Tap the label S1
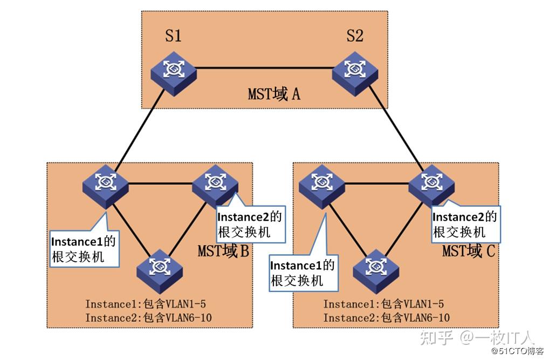tap(173, 36)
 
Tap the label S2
tap(354, 36)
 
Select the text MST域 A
tap(273, 94)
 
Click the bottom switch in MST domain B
tap(159, 266)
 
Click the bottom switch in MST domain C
tap(376, 266)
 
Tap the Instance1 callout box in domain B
tap(84, 248)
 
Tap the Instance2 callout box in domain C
tap(465, 224)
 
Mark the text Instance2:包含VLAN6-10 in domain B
tap(148, 318)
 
